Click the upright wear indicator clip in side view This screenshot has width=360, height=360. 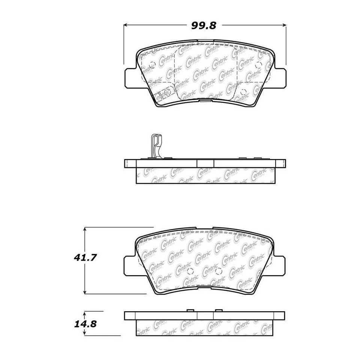pyautogui.click(x=156, y=147)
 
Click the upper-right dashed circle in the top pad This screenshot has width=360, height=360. pyautogui.click(x=258, y=64)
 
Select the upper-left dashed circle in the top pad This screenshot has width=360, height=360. pyautogui.click(x=151, y=64)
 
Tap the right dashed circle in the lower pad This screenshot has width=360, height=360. pyautogui.click(x=219, y=271)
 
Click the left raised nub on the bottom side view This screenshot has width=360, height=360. pyautogui.click(x=190, y=310)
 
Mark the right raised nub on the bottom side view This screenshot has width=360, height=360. pyautogui.click(x=218, y=310)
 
